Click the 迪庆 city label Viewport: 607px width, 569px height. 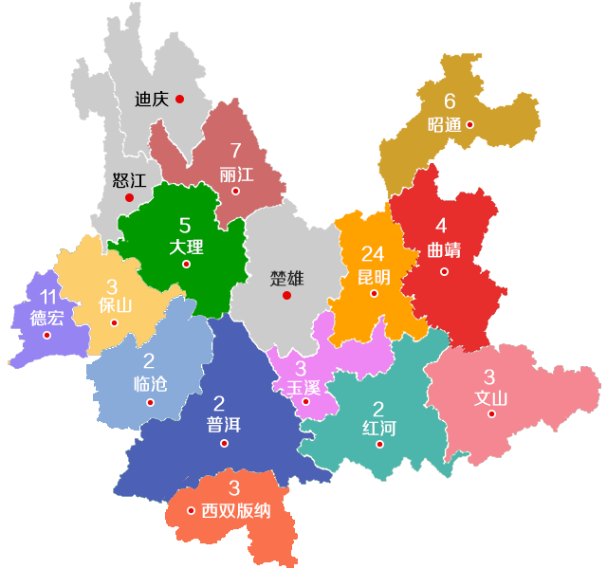click(x=152, y=99)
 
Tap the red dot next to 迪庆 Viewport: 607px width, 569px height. click(x=179, y=99)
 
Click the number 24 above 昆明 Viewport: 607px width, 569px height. click(x=373, y=254)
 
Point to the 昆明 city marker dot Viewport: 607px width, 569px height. click(x=374, y=294)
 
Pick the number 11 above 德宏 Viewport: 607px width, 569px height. click(x=48, y=297)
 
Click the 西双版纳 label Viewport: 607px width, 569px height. click(x=236, y=511)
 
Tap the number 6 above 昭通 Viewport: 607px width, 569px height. click(x=450, y=101)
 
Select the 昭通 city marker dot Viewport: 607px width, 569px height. click(x=469, y=124)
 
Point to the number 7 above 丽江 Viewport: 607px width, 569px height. click(x=235, y=151)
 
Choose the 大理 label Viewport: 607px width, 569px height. click(x=186, y=248)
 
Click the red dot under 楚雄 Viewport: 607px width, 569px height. click(x=286, y=295)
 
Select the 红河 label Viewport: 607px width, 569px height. click(x=378, y=429)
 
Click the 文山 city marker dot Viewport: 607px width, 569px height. click(x=491, y=413)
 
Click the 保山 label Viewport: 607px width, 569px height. click(x=115, y=305)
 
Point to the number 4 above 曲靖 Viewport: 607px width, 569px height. click(x=441, y=227)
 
